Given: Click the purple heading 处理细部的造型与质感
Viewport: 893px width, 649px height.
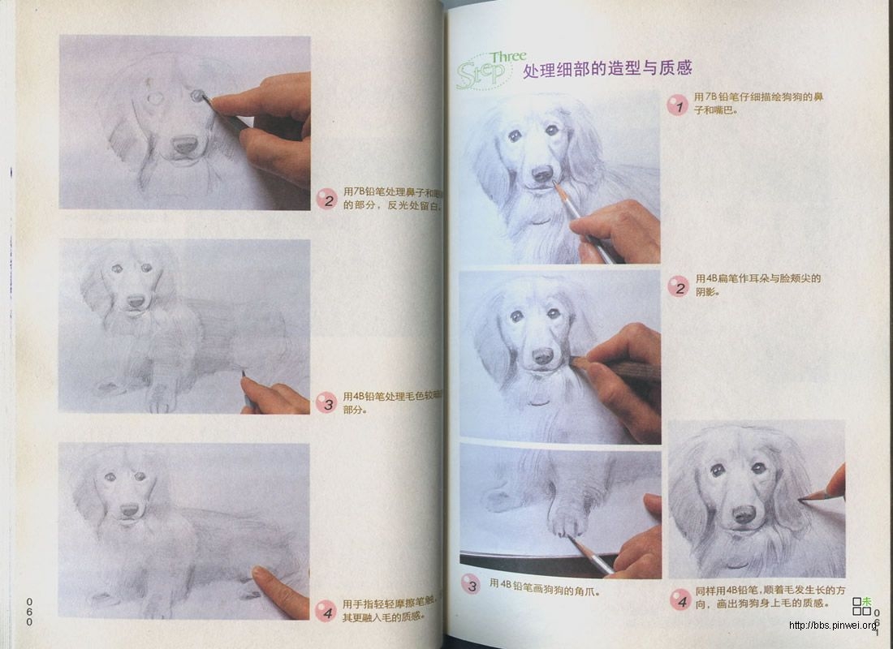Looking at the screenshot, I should click(x=607, y=69).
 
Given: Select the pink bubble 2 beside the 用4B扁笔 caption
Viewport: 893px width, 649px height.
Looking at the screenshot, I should click(x=678, y=286).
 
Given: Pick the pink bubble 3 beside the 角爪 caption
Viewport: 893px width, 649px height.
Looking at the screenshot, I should click(x=471, y=583).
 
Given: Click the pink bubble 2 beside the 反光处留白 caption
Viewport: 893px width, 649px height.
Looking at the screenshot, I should click(x=326, y=200).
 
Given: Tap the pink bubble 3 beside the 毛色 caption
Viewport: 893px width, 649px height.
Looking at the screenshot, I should click(x=326, y=402).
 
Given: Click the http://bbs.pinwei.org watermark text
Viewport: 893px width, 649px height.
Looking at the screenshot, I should click(x=833, y=625).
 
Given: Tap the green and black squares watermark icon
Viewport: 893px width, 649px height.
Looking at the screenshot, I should click(x=861, y=605).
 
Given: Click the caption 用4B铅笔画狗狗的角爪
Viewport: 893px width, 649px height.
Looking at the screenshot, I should click(x=549, y=584).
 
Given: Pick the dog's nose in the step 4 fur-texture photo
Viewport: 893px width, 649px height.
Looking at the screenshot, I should click(x=744, y=514).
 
